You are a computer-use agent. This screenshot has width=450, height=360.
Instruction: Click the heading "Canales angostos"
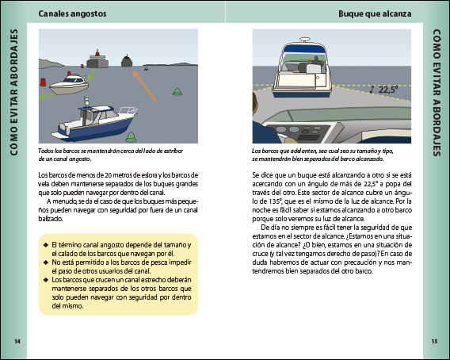pyautogui.click(x=72, y=13)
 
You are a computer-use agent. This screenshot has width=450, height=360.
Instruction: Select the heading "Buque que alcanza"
pyautogui.click(x=375, y=13)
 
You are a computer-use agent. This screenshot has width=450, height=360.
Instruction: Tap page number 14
pyautogui.click(x=17, y=341)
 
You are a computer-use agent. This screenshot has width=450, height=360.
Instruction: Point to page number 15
pyautogui.click(x=434, y=341)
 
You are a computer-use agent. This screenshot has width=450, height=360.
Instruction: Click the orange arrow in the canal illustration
pyautogui.click(x=144, y=86)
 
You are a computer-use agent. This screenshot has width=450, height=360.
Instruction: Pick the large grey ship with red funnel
pyautogui.click(x=97, y=59)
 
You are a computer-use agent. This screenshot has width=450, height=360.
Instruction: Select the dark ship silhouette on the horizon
pyautogui.click(x=127, y=61)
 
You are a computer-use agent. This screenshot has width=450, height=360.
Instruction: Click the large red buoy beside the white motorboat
pyautogui.click(x=43, y=82)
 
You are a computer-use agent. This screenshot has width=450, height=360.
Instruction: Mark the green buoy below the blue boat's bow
pyautogui.click(x=132, y=137)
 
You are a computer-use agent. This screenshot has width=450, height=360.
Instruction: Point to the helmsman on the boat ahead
pyautogui.click(x=315, y=62)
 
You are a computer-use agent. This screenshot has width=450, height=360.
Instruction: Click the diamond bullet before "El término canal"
pyautogui.click(x=46, y=245)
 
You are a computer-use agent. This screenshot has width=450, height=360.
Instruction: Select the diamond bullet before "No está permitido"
pyautogui.click(x=46, y=262)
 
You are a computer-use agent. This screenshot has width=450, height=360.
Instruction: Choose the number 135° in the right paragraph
pyautogui.click(x=275, y=201)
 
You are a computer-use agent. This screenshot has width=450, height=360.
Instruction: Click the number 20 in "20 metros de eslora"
pyautogui.click(x=109, y=175)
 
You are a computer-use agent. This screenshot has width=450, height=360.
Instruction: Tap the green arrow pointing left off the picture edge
pyautogui.click(x=47, y=96)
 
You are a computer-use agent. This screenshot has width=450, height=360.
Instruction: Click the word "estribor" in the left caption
pyautogui.click(x=174, y=151)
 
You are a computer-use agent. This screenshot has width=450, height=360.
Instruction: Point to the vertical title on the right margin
pyautogui.click(x=437, y=93)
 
